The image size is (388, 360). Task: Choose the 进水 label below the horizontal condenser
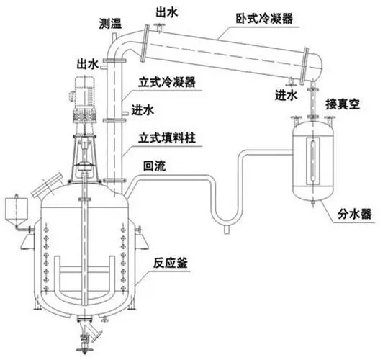(x=285, y=94)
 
